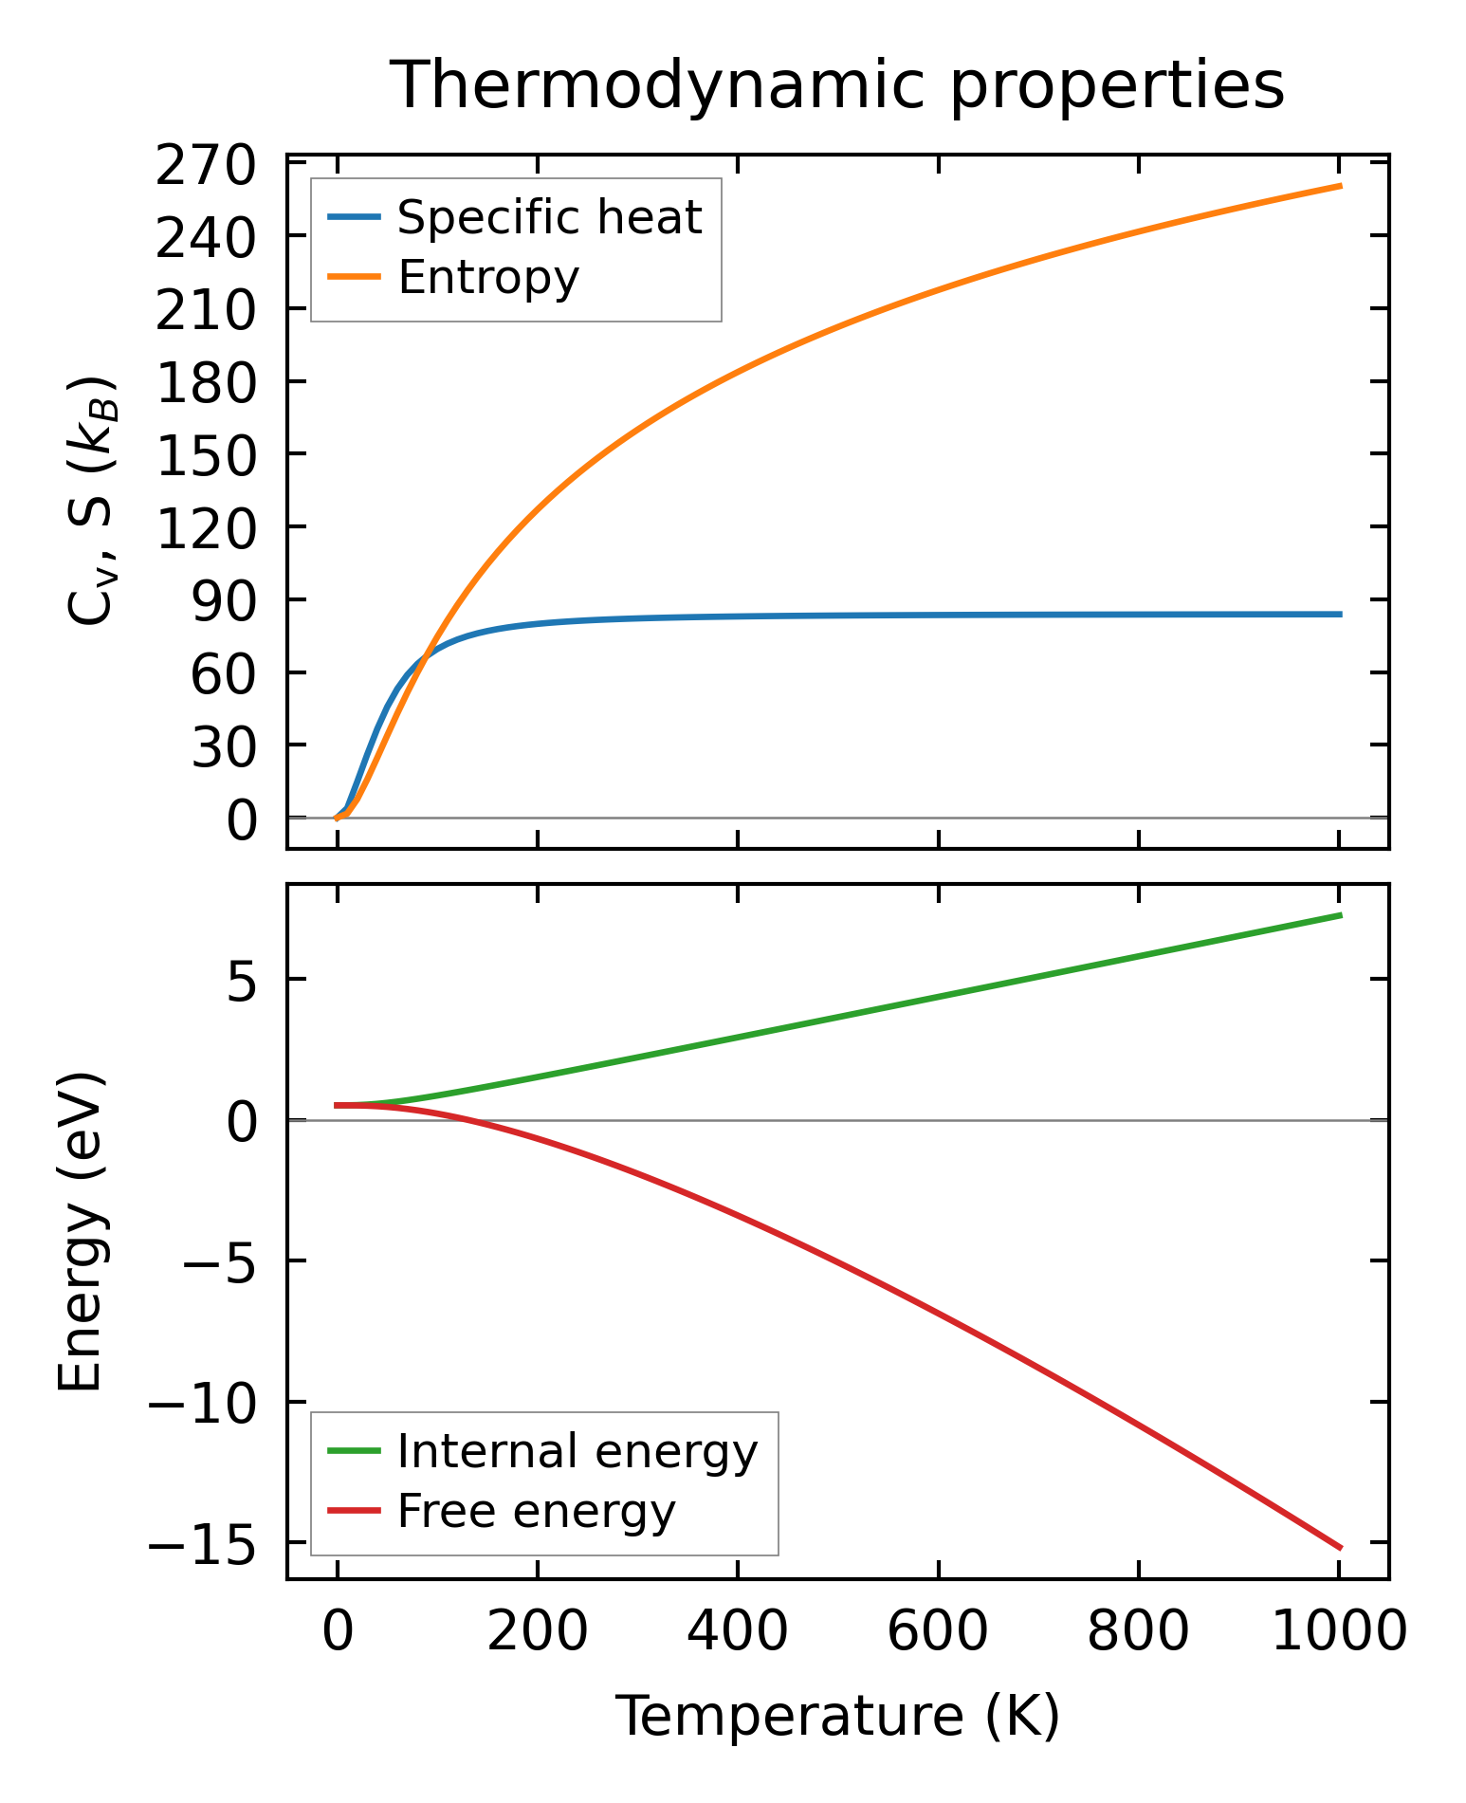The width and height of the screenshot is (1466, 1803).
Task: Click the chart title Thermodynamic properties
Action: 837,86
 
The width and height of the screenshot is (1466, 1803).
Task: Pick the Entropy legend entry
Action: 488,278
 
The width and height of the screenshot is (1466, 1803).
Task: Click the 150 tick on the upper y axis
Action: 206,455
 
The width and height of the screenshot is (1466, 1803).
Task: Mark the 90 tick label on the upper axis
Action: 224,601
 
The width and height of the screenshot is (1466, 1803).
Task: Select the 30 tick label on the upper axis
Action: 224,747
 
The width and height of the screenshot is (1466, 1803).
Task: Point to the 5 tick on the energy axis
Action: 242,982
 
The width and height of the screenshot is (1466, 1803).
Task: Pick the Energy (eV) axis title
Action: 80,1233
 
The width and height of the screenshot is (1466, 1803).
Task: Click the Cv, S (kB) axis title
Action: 91,501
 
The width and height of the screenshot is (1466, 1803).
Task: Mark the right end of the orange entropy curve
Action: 1340,186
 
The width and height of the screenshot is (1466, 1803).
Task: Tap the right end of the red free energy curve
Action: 1340,1548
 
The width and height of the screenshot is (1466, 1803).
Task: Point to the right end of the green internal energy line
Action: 1340,915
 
